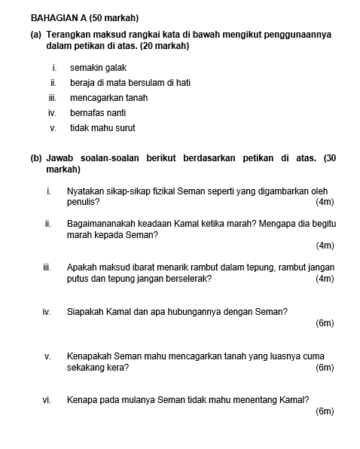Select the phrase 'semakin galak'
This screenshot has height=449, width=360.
[x=98, y=68]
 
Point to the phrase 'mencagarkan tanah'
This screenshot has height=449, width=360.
[x=108, y=98]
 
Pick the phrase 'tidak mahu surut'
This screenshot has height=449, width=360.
[x=102, y=128]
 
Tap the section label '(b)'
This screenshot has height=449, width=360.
[x=36, y=159]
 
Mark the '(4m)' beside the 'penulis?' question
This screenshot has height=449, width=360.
[x=325, y=202]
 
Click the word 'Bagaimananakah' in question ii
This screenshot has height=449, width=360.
[x=103, y=225]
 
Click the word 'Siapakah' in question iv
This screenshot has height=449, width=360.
[x=84, y=312]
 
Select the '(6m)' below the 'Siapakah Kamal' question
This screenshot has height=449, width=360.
[x=325, y=323]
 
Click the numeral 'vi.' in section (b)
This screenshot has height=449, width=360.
[x=47, y=400]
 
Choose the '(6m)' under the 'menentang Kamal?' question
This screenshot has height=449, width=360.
[x=325, y=411]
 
